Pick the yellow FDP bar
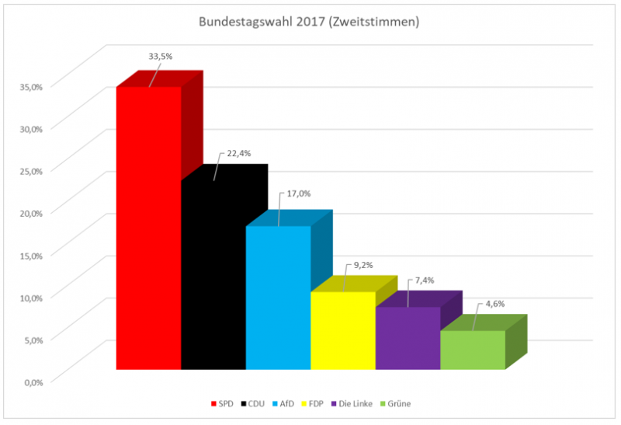(x=342, y=330)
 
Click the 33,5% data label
(x=161, y=56)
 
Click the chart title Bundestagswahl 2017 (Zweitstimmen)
(x=310, y=22)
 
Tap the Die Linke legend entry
(x=357, y=403)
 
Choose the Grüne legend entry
(x=399, y=403)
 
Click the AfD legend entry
(x=291, y=403)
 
